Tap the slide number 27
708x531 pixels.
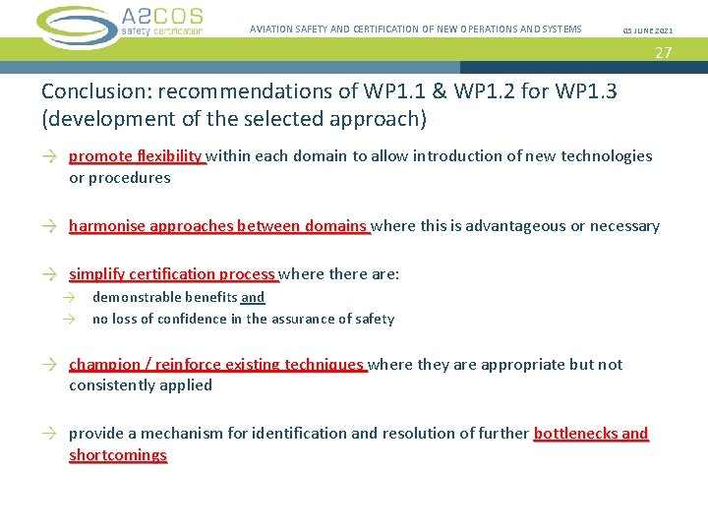(664, 53)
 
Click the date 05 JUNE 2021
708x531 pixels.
(648, 30)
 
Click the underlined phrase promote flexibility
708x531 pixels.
(136, 155)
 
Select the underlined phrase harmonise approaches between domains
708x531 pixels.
(217, 226)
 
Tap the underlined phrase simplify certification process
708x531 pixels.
(172, 274)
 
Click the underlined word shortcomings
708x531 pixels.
(118, 455)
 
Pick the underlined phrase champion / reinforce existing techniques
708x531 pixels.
(216, 365)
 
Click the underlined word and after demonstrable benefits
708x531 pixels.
(253, 297)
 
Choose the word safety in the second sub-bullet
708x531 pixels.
(375, 319)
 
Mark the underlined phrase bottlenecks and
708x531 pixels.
(591, 434)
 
